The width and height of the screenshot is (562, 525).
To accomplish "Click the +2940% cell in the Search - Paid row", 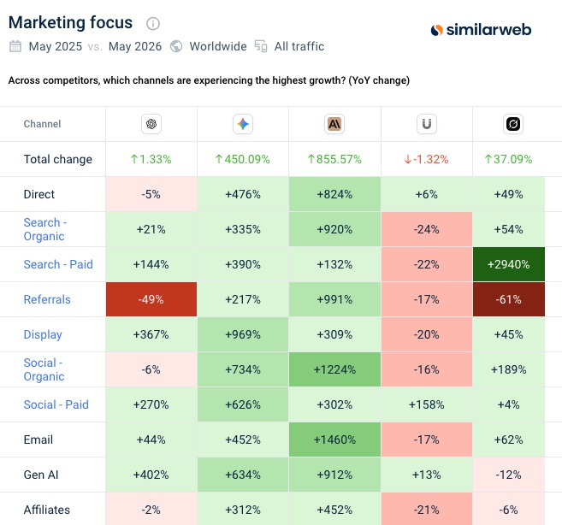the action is click(509, 264).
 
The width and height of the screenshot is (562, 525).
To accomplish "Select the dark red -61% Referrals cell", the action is click(509, 299).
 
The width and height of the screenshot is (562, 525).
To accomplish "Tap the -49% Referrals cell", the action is click(151, 299).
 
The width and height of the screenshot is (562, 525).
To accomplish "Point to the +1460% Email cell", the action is click(334, 439).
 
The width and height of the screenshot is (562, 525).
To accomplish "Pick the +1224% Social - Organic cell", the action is click(334, 369).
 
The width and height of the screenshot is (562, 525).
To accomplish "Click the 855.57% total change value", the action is click(334, 159).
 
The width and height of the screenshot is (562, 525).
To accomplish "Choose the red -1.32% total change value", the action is click(426, 159).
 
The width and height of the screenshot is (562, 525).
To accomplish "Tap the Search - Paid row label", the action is click(58, 264).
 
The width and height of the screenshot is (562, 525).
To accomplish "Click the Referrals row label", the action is click(47, 299).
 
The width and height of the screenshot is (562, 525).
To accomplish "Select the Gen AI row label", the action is click(41, 475).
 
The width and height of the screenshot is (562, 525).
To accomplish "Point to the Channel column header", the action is click(42, 124).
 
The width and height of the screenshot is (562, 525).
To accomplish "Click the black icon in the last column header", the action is click(513, 124).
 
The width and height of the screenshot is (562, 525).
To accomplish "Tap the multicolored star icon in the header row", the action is click(243, 124).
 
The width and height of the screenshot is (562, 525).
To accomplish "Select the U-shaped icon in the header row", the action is click(427, 124).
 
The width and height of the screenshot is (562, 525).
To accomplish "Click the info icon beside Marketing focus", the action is click(153, 24).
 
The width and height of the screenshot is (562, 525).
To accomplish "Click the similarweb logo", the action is click(481, 30).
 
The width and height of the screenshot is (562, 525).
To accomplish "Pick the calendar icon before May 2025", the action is click(15, 46).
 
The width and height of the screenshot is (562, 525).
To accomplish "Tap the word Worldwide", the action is click(218, 46).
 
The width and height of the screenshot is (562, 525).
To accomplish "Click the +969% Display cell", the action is click(243, 334).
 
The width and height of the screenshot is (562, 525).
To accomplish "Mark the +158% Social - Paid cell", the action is click(427, 404).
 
